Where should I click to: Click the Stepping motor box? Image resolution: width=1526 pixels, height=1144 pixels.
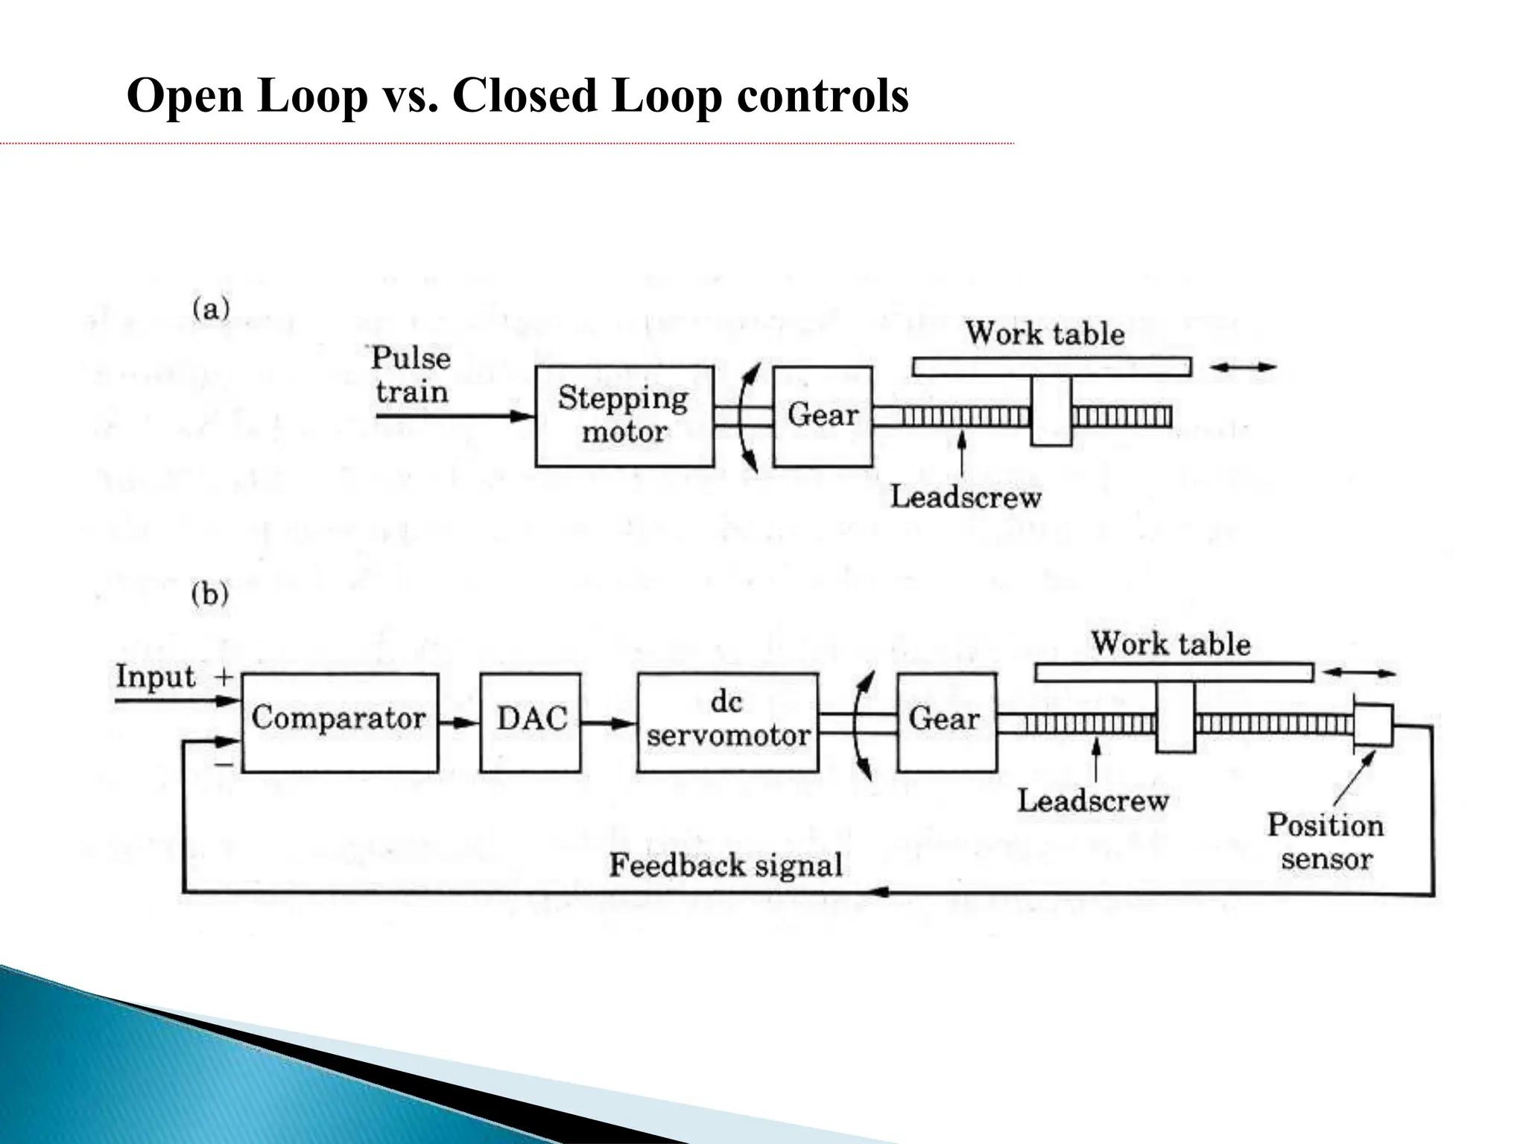624,416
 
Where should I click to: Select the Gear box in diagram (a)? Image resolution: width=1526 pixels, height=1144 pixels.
823,416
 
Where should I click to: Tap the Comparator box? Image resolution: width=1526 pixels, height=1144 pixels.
340,722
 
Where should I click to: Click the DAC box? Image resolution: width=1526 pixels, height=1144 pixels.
531,722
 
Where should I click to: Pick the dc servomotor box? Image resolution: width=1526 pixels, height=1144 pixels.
727,722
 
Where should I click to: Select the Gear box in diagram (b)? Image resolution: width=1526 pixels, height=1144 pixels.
946,722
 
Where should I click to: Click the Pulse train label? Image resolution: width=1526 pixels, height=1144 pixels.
411,375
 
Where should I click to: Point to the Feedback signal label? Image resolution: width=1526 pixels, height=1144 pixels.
726,865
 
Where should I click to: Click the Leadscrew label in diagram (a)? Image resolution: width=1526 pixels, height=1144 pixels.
966,498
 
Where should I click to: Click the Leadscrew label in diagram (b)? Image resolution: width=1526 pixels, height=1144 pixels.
1093,801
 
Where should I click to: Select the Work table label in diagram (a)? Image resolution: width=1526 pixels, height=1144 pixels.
1045,334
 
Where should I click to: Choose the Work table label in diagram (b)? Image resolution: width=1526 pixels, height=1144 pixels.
1171,644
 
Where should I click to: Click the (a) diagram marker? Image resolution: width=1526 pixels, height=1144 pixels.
211,308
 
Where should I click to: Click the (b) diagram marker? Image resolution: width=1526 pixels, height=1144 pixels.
209,594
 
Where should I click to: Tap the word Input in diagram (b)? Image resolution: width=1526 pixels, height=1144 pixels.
155,677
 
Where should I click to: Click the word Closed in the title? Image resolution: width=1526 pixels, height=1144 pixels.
525,96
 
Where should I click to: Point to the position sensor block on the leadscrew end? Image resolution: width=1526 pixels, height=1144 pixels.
1373,724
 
